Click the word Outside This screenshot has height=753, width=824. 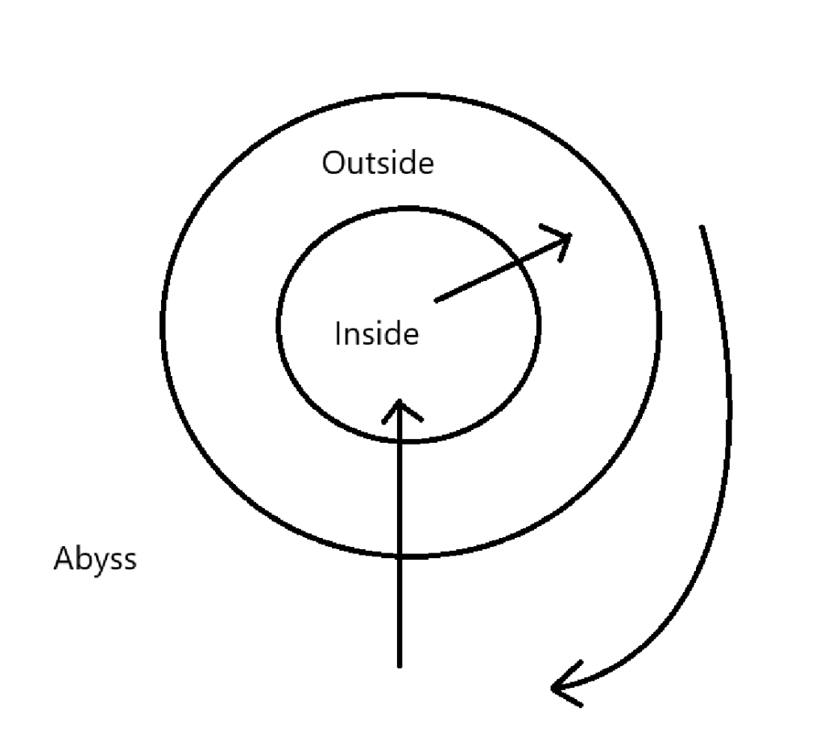tap(378, 163)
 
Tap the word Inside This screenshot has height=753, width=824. tap(376, 333)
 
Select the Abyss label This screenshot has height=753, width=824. tap(95, 559)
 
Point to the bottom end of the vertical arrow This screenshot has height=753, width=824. tap(400, 666)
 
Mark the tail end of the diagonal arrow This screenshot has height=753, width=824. tap(436, 301)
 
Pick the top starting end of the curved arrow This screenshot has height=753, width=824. tap(702, 227)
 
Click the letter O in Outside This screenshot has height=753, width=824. tap(333, 164)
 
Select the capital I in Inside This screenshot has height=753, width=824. tap(338, 333)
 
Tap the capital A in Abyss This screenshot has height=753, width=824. tap(63, 559)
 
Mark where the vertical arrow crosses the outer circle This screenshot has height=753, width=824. tap(400, 556)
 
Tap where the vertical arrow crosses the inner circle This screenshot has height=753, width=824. tap(400, 441)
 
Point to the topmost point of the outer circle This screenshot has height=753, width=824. tap(411, 94)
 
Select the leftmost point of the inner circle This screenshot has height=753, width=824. tap(278, 325)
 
